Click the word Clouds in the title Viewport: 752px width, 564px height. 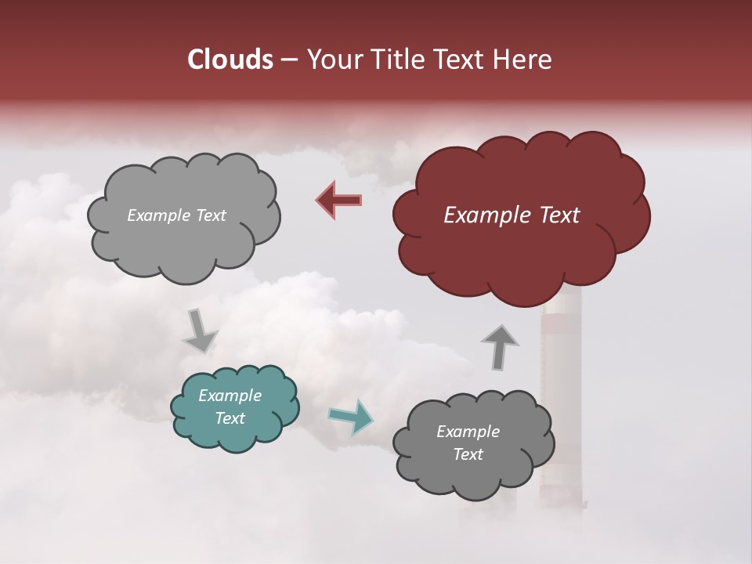(230, 60)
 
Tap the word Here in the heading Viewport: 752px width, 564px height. (523, 60)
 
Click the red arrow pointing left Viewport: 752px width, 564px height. (338, 200)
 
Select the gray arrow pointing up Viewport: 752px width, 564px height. (499, 346)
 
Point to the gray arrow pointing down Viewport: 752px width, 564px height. (200, 331)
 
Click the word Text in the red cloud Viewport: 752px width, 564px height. (559, 215)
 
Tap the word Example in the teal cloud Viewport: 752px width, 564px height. (230, 396)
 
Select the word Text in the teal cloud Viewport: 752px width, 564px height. (230, 418)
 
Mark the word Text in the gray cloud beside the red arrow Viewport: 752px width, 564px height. (210, 215)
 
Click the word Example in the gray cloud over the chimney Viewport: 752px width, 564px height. (468, 432)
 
